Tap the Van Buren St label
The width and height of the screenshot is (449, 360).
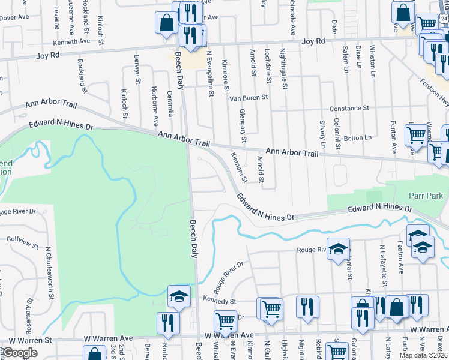(248, 97)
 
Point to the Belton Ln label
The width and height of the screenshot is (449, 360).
(358, 138)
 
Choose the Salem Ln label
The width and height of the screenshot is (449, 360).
(345, 55)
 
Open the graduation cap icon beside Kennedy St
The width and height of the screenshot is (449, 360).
(178, 296)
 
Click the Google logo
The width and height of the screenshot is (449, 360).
(20, 353)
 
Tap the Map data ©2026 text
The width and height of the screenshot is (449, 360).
(423, 355)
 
